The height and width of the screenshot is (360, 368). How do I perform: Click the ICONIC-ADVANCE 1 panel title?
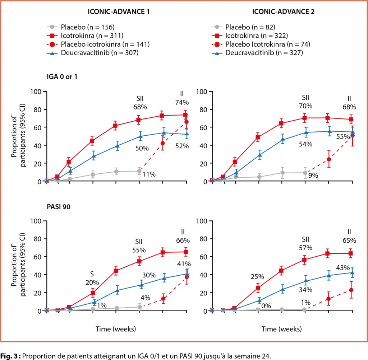point(119,11)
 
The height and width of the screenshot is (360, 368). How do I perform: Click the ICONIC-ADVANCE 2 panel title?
point(283,11)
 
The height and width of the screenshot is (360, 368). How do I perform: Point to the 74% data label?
point(182,102)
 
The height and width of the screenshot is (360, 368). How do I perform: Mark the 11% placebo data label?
point(149,174)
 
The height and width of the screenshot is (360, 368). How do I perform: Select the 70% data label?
point(305,106)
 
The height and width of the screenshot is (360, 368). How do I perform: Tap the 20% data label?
point(92,282)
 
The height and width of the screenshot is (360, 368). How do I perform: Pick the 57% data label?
point(305,248)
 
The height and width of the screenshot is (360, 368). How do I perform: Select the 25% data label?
point(257,277)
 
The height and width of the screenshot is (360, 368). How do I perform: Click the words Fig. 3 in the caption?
point(10,355)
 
